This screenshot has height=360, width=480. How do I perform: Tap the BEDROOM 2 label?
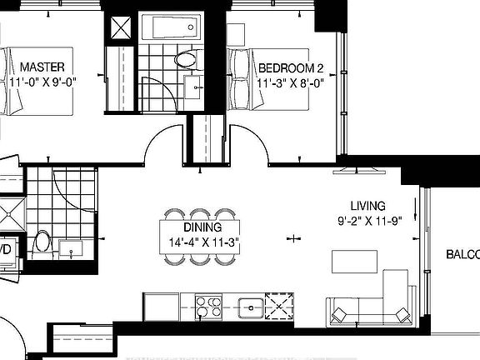(291, 67)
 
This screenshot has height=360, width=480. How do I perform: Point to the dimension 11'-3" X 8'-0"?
(291, 83)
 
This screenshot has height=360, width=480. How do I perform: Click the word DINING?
(202, 227)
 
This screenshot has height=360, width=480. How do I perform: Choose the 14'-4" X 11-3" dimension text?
(202, 243)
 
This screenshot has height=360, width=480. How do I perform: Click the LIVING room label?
(367, 206)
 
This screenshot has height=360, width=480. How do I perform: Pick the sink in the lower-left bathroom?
(69, 247)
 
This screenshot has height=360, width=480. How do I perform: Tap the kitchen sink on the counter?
(249, 307)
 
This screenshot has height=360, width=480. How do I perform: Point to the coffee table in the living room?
(352, 261)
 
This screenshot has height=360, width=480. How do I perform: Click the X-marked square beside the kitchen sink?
(277, 306)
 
